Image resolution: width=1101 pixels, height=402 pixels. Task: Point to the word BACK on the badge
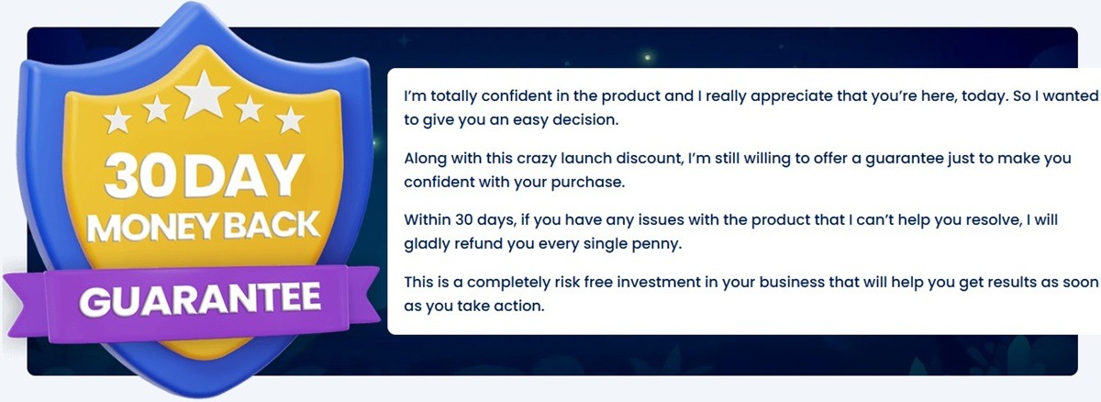(x=268, y=226)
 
